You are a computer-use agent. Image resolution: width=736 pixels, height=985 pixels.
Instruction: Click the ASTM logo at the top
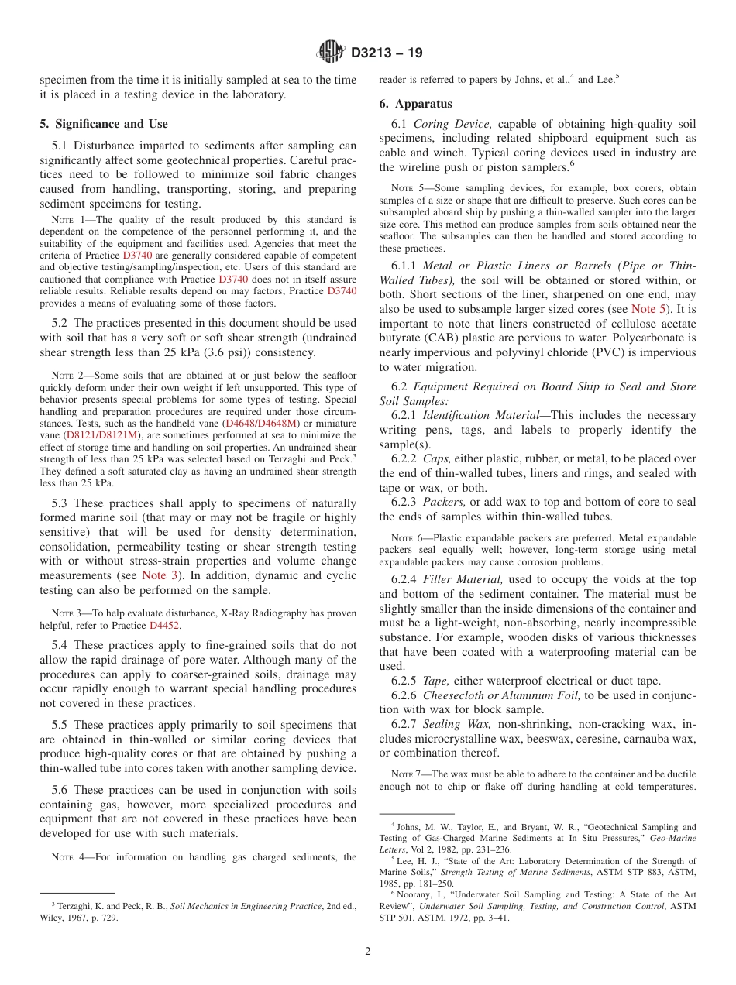pos(331,53)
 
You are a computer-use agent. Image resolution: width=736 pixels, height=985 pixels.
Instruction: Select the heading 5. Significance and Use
pos(103,124)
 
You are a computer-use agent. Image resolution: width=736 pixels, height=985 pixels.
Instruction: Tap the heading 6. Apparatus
pos(415,104)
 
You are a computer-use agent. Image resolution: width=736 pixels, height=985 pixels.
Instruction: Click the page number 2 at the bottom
pos(368,952)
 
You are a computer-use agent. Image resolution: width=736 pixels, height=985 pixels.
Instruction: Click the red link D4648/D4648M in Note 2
pos(260,424)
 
